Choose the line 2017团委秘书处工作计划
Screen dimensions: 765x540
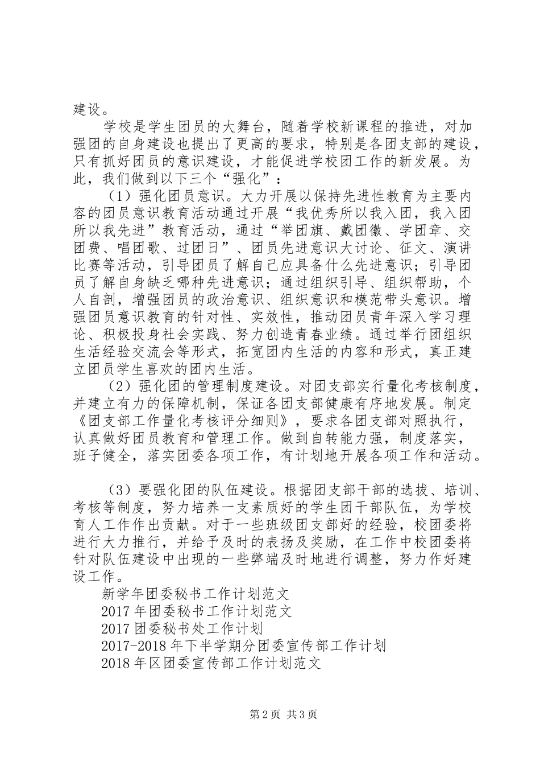pos(181,628)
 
